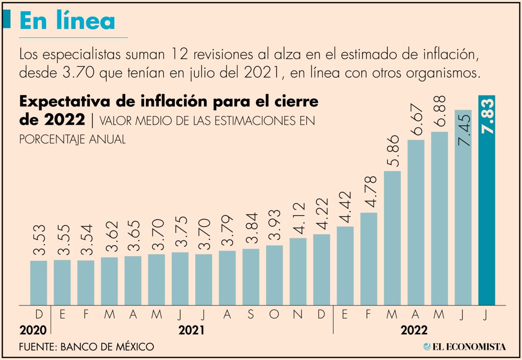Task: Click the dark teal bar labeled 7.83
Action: click(x=487, y=200)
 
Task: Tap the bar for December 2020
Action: click(x=39, y=283)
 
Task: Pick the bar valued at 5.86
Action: click(x=392, y=238)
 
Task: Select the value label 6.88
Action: click(x=440, y=111)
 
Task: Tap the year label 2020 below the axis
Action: click(x=33, y=330)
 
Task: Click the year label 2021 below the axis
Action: click(x=191, y=330)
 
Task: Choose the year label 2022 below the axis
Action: click(x=414, y=330)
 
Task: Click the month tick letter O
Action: click(x=274, y=315)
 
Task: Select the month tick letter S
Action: click(x=251, y=315)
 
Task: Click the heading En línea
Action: click(x=67, y=20)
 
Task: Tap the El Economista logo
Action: click(x=464, y=346)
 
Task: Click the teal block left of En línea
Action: click(x=7, y=19)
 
